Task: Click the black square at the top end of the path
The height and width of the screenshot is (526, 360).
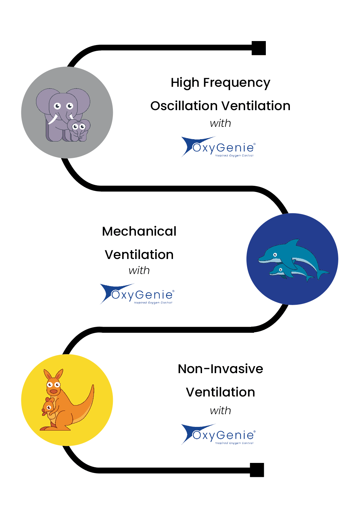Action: pos(258,48)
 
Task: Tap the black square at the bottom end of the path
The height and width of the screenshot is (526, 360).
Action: pos(257,470)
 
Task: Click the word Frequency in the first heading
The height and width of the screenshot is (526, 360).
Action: pos(236,83)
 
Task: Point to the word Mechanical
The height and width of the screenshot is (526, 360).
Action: pos(139,231)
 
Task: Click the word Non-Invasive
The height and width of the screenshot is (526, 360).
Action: pos(220,369)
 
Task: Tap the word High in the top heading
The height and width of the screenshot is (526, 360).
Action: pos(185,83)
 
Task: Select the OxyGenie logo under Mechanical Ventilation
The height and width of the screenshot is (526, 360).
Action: pos(137,294)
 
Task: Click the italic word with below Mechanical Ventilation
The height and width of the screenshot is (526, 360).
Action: pos(139,270)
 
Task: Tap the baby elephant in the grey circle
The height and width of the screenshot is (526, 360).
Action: pos(79,129)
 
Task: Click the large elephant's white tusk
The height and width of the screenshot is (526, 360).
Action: pos(52,119)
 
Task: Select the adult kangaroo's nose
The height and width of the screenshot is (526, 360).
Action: pos(53,391)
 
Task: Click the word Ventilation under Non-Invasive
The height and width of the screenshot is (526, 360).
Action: pos(220,392)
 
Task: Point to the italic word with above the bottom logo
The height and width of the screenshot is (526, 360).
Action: pos(220,411)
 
